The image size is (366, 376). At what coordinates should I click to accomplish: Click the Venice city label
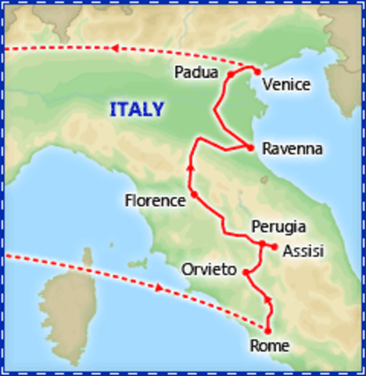(287, 85)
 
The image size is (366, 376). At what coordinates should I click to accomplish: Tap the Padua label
(196, 73)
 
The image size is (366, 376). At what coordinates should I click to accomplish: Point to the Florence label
(155, 201)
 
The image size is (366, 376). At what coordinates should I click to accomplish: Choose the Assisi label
(303, 251)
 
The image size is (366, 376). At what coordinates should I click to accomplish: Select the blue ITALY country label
(137, 110)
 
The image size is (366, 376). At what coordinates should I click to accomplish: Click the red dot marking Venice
(257, 71)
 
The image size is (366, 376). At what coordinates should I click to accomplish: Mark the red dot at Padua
(231, 74)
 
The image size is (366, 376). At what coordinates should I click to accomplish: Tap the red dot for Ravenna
(249, 147)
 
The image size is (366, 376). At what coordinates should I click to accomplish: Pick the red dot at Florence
(193, 193)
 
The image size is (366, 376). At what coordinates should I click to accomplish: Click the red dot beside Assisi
(274, 247)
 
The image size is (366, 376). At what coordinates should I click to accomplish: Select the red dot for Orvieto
(246, 272)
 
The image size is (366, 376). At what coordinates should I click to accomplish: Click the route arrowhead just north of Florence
(190, 167)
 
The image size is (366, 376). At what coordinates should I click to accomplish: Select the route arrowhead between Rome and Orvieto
(268, 301)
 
